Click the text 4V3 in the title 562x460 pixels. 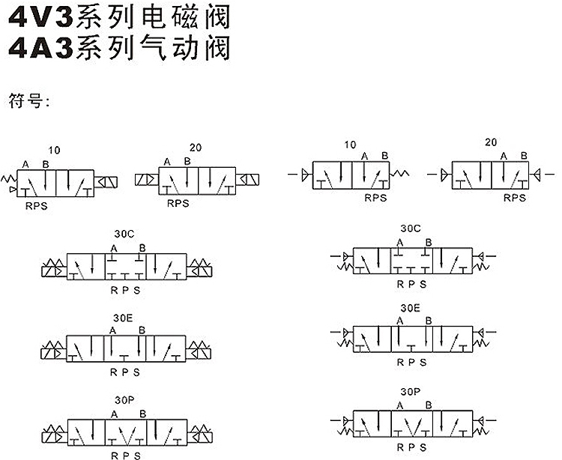click(x=41, y=16)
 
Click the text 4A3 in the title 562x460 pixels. click(x=41, y=48)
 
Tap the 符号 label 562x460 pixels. click(x=25, y=101)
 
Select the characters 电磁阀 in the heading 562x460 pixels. click(x=186, y=16)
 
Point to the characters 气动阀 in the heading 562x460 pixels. click(x=186, y=48)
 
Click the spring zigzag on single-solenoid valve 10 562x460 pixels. click(x=8, y=178)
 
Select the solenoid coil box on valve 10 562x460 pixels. click(x=106, y=182)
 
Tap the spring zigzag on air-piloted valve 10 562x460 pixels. click(x=399, y=173)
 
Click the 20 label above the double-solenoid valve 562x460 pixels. click(x=196, y=148)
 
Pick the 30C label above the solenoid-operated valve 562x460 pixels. click(x=124, y=234)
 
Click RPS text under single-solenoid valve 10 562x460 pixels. click(x=36, y=206)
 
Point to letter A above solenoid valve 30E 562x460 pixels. click(x=113, y=330)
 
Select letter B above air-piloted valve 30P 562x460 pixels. click(x=429, y=405)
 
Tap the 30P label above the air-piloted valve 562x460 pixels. click(x=411, y=392)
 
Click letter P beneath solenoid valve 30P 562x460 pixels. click(x=125, y=456)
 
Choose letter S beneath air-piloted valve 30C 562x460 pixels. click(x=423, y=284)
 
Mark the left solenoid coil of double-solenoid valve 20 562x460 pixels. click(x=147, y=179)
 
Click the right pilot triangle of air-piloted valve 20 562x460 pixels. click(x=537, y=175)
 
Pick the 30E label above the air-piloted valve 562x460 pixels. click(x=410, y=308)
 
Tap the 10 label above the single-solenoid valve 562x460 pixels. click(x=54, y=150)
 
